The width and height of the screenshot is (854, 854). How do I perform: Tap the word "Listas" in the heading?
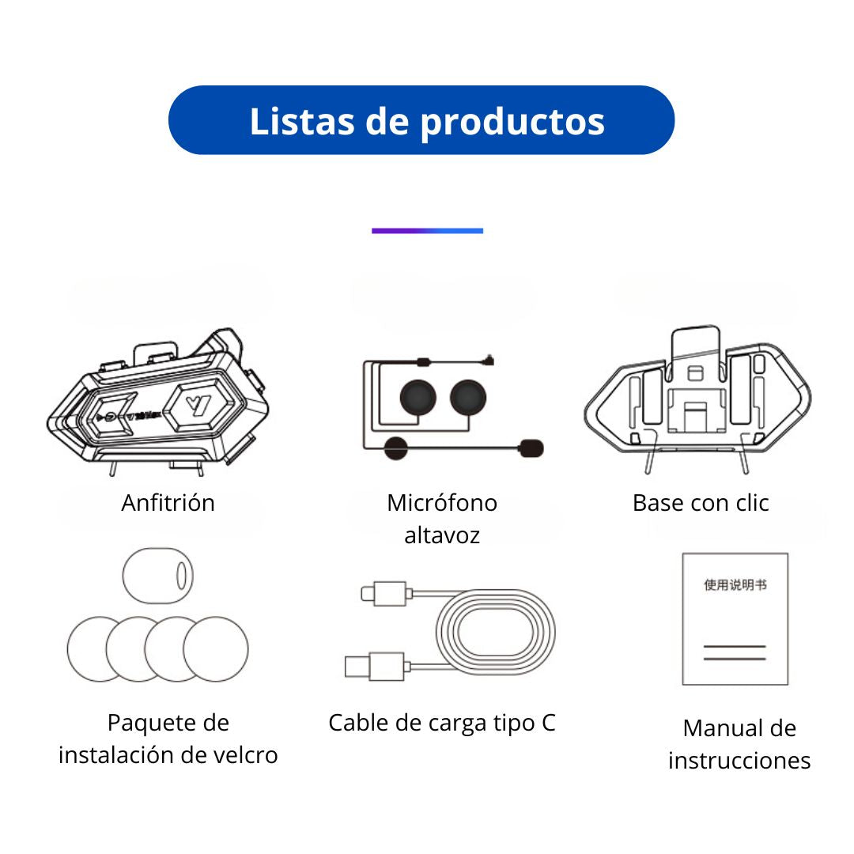pyautogui.click(x=302, y=121)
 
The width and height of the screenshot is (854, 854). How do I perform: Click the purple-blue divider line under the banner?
pyautogui.click(x=427, y=231)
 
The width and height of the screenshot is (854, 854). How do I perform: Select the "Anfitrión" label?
pyautogui.click(x=168, y=503)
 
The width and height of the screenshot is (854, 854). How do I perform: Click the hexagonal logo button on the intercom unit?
pyautogui.click(x=198, y=405)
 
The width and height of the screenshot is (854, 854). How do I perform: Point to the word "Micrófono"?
pyautogui.click(x=442, y=503)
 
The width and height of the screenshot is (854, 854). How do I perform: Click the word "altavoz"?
pyautogui.click(x=442, y=535)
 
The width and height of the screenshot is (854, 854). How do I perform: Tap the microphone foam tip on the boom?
pyautogui.click(x=531, y=448)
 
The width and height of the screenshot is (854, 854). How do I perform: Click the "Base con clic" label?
pyautogui.click(x=701, y=503)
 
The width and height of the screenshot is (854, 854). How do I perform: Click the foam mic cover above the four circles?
pyautogui.click(x=158, y=576)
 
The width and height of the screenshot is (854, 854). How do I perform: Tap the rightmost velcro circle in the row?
pyautogui.click(x=216, y=648)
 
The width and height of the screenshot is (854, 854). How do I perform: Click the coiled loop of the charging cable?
pyautogui.click(x=496, y=632)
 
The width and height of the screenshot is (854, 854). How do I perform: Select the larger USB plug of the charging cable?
pyautogui.click(x=375, y=667)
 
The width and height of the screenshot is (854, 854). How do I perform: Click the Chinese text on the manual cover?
pyautogui.click(x=735, y=585)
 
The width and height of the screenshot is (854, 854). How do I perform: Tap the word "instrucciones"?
pyautogui.click(x=739, y=761)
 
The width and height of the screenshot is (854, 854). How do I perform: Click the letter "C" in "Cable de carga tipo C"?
pyautogui.click(x=549, y=723)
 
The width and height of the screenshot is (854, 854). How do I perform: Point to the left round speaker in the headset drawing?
pyautogui.click(x=418, y=398)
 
